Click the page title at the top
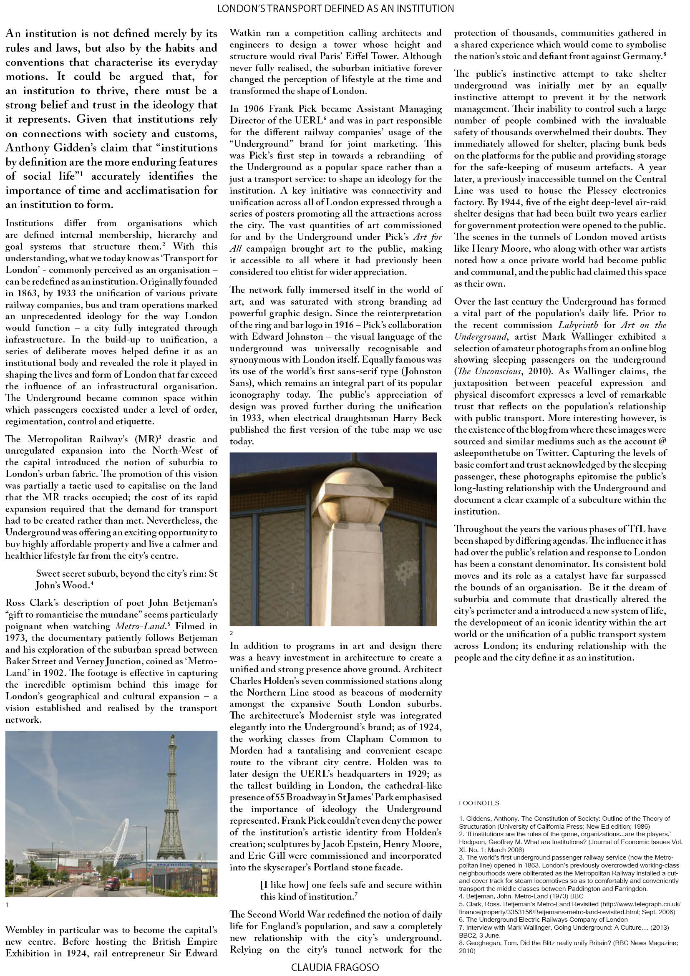335,8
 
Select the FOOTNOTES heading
479,803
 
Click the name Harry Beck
419,418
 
